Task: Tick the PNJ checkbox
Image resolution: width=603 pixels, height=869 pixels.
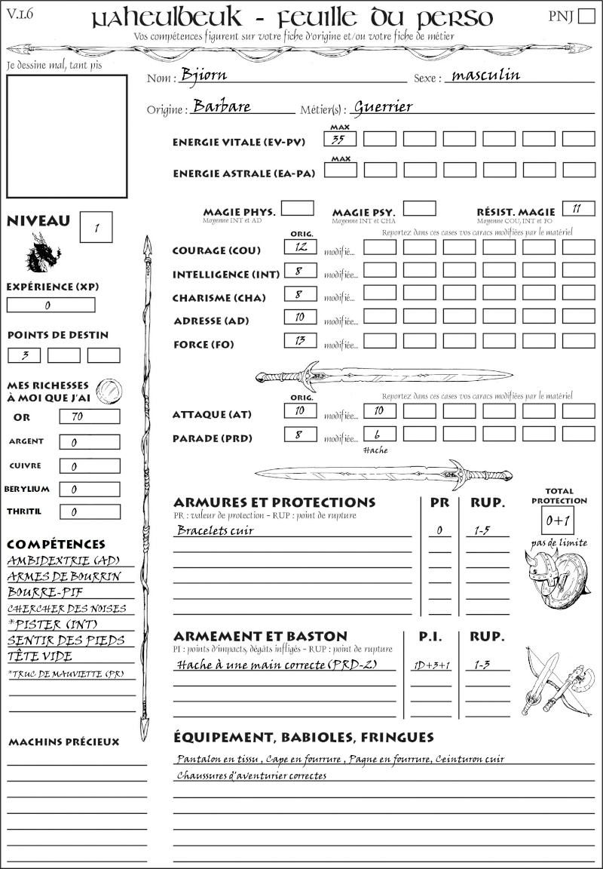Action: [585, 17]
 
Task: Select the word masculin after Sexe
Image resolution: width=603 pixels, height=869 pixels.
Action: [483, 75]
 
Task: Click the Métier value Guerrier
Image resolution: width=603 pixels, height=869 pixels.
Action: [383, 106]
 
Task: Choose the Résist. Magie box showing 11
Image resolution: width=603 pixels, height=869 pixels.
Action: [577, 209]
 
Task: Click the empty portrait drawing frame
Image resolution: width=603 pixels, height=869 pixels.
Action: [66, 135]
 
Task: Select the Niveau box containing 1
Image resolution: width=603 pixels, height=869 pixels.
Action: [96, 227]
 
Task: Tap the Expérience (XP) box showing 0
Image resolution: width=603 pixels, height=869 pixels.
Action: [51, 306]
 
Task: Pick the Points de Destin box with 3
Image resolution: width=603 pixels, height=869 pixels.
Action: [24, 355]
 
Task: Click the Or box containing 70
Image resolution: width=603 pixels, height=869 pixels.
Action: [89, 416]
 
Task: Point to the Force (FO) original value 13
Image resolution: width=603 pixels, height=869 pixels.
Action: [300, 341]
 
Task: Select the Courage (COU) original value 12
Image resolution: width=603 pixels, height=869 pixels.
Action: [300, 247]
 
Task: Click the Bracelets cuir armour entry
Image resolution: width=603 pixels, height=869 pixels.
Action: [215, 530]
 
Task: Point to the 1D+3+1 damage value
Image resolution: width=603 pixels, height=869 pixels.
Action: [431, 665]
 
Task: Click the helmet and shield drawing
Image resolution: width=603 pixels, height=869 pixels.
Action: [559, 578]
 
